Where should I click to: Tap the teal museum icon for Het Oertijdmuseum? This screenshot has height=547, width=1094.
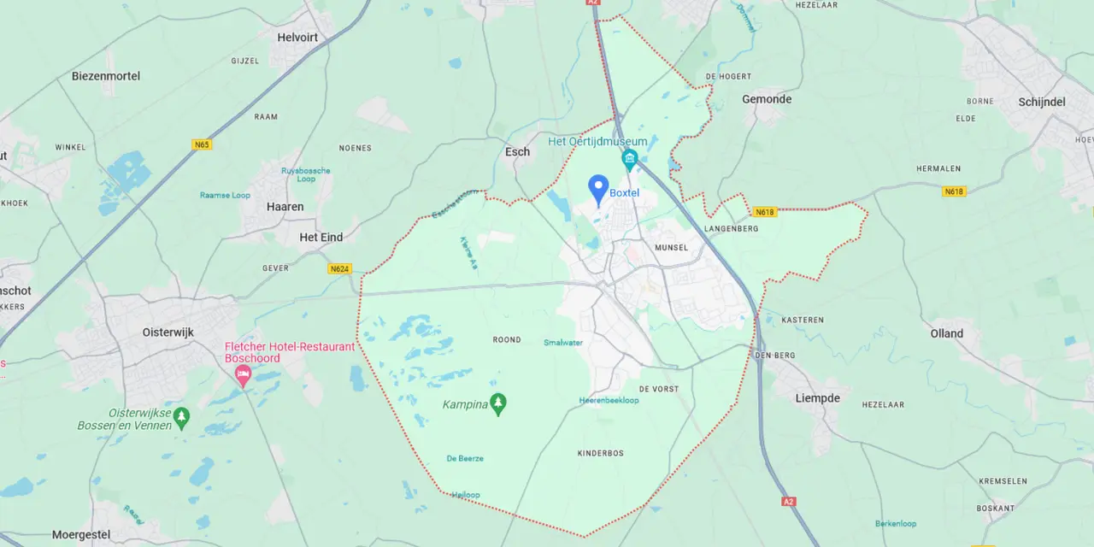630,159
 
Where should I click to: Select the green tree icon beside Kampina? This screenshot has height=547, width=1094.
498,404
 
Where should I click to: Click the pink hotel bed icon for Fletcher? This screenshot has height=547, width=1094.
244,376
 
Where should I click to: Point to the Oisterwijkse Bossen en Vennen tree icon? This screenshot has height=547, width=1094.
181,418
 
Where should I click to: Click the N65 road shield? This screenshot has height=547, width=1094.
202,144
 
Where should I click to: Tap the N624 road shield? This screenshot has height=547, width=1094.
339,268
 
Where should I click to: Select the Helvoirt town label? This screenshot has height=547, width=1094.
298,38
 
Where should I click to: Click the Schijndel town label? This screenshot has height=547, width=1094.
1042,102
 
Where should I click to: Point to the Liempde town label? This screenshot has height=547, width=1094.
818,398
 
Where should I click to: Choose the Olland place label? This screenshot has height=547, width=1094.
947,333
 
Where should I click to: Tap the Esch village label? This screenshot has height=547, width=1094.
517,152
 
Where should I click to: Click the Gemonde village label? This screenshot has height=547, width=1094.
767,99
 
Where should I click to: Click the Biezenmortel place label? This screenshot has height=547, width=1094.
106,76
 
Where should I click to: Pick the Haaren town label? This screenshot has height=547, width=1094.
285,207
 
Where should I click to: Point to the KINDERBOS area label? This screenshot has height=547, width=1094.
603,453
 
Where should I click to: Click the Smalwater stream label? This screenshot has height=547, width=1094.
563,343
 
